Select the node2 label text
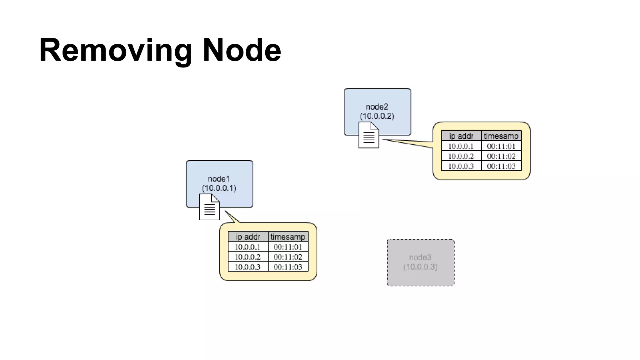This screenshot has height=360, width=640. click(377, 107)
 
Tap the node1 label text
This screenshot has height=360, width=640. click(219, 179)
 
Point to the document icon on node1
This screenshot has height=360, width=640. click(209, 207)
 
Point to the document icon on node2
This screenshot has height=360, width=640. click(369, 135)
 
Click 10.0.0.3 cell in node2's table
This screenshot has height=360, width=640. click(461, 166)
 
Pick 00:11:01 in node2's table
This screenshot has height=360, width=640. click(501, 146)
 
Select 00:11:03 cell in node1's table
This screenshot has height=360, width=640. click(288, 267)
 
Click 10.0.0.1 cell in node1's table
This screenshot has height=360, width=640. click(247, 247)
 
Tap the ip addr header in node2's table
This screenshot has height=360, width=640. click(461, 136)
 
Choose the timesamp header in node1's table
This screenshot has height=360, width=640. click(288, 237)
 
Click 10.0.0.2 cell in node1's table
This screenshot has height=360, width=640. click(247, 257)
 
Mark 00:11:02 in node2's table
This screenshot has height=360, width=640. click(501, 156)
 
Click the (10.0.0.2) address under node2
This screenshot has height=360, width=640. click(377, 116)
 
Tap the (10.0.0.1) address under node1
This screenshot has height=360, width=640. click(219, 188)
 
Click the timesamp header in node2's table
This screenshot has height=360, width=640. click(501, 136)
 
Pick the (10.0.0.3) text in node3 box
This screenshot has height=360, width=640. click(420, 267)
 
